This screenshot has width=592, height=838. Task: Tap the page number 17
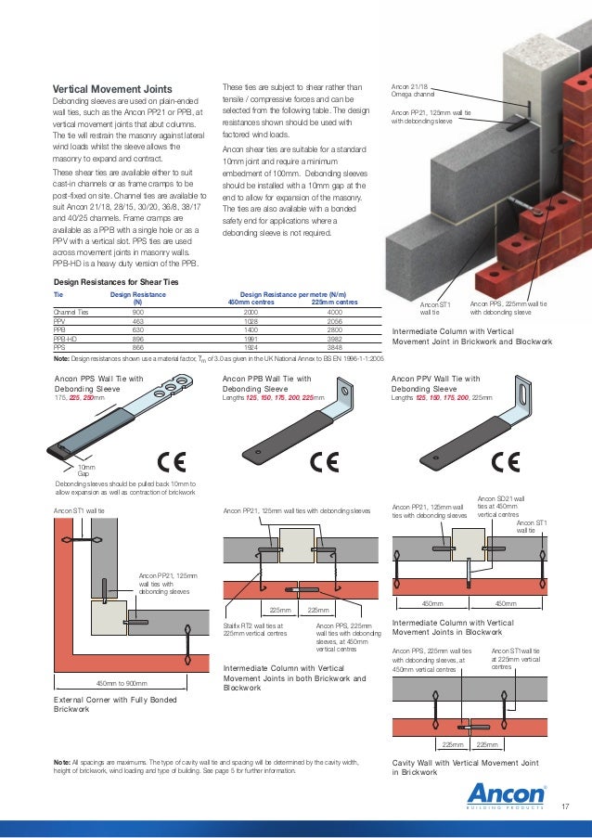point(565,806)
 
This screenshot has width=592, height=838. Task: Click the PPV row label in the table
point(60,321)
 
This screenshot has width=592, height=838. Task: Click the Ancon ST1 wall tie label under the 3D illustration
point(434,309)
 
